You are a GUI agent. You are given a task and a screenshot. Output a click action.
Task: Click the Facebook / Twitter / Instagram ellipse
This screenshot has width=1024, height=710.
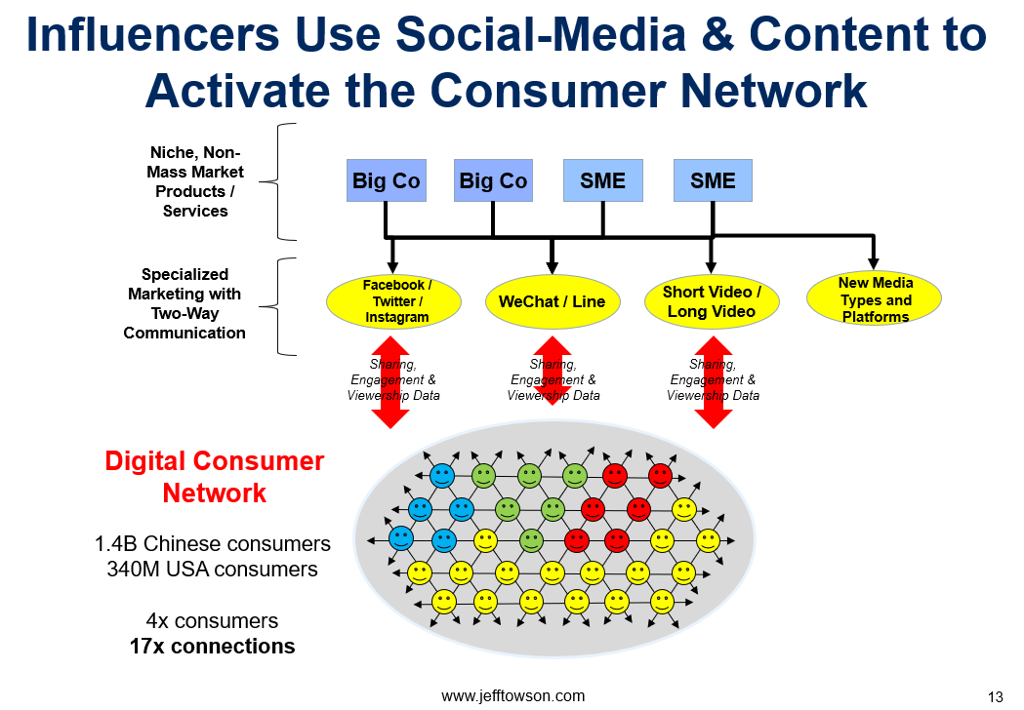pyautogui.click(x=393, y=301)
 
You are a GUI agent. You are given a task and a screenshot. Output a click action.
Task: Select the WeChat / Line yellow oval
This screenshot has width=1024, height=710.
pyautogui.click(x=553, y=301)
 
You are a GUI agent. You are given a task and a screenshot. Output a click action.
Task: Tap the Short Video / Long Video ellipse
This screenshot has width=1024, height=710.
pyautogui.click(x=712, y=301)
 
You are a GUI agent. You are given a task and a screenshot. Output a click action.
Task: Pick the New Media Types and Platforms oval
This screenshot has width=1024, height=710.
pyautogui.click(x=874, y=298)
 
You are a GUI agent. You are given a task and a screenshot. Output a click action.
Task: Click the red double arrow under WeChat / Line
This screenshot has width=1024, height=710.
pyautogui.click(x=553, y=370)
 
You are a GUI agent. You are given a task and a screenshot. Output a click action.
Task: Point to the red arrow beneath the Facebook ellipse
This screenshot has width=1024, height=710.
pyautogui.click(x=390, y=381)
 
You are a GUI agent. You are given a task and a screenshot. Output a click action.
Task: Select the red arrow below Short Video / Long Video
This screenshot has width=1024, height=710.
pyautogui.click(x=714, y=381)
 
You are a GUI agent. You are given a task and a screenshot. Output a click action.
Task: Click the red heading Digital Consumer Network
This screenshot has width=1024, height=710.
pyautogui.click(x=214, y=477)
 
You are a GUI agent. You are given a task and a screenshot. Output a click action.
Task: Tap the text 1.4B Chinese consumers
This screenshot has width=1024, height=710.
pyautogui.click(x=213, y=543)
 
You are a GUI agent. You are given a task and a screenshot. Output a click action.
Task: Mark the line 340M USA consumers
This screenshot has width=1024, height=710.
pyautogui.click(x=213, y=569)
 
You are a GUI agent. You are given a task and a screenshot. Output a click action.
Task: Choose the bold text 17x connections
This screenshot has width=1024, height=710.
pyautogui.click(x=212, y=646)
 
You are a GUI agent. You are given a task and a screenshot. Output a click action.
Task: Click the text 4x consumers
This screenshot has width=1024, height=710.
pyautogui.click(x=212, y=620)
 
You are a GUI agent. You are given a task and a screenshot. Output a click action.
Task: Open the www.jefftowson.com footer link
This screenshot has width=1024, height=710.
pyautogui.click(x=513, y=696)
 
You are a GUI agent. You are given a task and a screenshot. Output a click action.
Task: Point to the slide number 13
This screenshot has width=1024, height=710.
pyautogui.click(x=996, y=697)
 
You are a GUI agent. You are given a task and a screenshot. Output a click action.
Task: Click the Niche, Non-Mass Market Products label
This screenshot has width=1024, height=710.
pyautogui.click(x=195, y=181)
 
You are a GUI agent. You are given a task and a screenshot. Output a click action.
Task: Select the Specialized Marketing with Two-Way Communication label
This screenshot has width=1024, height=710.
pyautogui.click(x=184, y=303)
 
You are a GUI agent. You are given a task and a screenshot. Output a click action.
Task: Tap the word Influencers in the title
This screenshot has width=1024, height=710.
pyautogui.click(x=153, y=34)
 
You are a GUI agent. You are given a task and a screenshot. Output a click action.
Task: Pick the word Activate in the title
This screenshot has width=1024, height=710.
pyautogui.click(x=238, y=90)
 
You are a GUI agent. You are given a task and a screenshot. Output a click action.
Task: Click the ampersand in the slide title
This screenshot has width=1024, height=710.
pyautogui.click(x=717, y=34)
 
